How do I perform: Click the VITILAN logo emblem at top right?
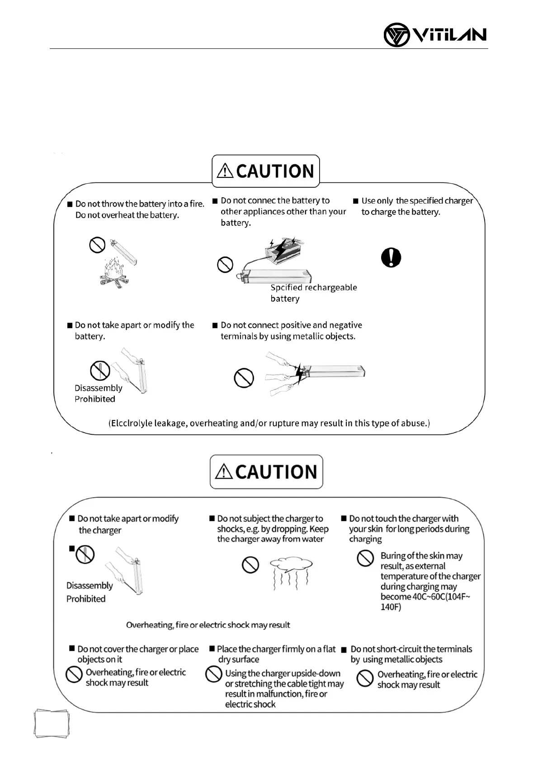coord(396,35)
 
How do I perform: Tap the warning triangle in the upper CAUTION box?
coord(225,171)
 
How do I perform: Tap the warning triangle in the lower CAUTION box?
coord(224,472)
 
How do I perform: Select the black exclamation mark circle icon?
coord(391,257)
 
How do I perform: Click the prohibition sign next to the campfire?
coord(97,245)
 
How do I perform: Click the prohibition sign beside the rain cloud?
coord(250,565)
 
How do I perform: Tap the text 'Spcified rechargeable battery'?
coord(313,293)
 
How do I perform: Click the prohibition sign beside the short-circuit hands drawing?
coord(244,378)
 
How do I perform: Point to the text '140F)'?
coord(391,607)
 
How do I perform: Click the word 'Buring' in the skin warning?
coord(392,556)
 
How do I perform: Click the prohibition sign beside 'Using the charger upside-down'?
coord(213,674)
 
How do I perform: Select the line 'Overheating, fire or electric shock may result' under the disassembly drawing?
coord(208,625)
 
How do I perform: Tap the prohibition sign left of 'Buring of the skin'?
coord(365,558)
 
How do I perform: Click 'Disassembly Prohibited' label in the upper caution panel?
coord(98,393)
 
